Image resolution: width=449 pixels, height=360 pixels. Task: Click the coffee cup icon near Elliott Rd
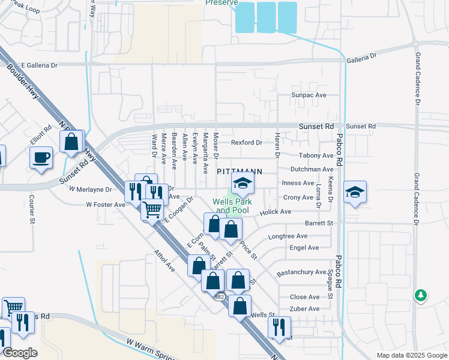tap(41, 158)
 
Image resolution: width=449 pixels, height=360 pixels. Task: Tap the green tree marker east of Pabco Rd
tap(421, 295)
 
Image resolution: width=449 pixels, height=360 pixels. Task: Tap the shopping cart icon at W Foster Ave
tap(152, 210)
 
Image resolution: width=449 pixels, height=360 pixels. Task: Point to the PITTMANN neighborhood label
tap(240, 172)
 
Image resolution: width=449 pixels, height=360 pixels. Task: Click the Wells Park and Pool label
tap(232, 206)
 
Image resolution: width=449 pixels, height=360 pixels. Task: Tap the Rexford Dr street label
tap(247, 143)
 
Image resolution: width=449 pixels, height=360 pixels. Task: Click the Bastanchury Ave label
tap(301, 273)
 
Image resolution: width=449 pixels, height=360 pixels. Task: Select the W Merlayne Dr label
tap(90, 189)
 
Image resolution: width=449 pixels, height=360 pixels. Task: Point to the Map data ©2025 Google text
tap(411, 355)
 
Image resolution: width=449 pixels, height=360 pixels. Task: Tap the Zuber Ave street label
tap(304, 309)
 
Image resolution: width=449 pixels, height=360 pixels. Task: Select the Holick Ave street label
tap(276, 212)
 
